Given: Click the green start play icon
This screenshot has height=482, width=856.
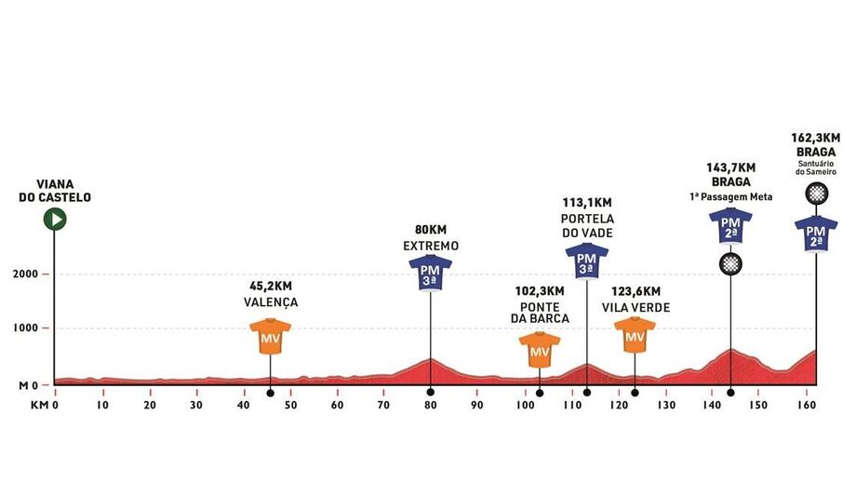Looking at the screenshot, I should tap(55, 219).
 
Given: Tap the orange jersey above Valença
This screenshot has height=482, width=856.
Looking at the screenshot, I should tap(271, 337).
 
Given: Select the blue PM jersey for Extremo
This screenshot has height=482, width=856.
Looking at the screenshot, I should tap(430, 273).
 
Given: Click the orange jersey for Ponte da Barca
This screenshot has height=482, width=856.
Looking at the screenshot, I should tap(540, 350).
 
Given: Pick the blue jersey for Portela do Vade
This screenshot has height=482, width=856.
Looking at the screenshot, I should tap(586, 261).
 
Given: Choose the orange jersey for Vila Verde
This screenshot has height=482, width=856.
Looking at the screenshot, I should tap(635, 334).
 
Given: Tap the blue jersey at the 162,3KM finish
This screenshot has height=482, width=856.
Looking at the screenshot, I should tap(816, 234).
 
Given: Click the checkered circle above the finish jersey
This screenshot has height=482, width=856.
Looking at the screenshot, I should tap(816, 194).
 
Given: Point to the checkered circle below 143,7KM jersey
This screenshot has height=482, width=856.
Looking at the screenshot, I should tap(730, 263).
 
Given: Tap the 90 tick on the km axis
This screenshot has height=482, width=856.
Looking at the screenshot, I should tap(477, 406).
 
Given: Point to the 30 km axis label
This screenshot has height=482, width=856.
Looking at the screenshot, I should tap(196, 406).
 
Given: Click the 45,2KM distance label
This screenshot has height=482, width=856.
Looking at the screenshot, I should tap(271, 287).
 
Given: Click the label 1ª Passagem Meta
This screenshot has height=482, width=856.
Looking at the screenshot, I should tap(730, 197).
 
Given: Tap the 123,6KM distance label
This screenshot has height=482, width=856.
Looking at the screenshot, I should tap(635, 291).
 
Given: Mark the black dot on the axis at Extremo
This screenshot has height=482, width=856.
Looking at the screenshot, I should tap(430, 392).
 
